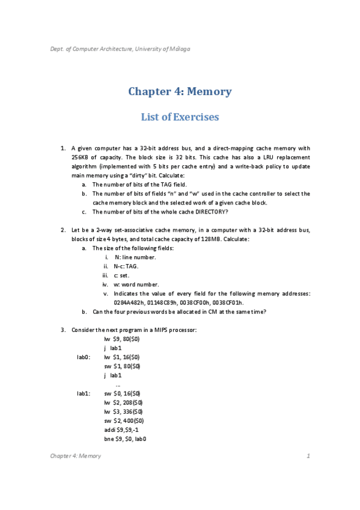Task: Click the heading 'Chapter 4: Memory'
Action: click(180, 91)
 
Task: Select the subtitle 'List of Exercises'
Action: click(180, 117)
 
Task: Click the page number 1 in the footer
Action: click(308, 456)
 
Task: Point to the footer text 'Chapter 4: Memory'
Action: click(75, 456)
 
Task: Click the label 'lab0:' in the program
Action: click(84, 357)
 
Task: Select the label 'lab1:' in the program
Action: click(84, 393)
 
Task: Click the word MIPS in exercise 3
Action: click(153, 330)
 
